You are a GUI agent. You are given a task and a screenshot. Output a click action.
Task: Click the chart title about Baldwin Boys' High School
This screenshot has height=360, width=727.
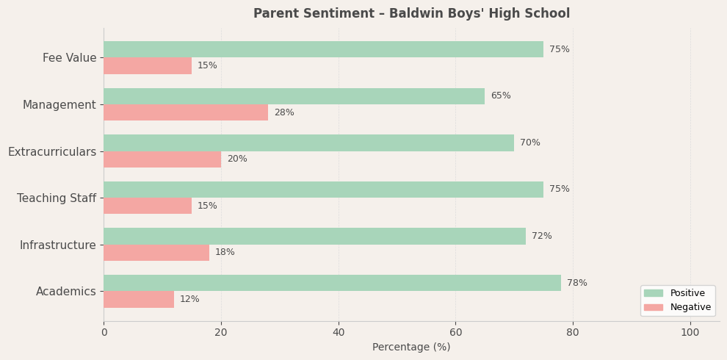point(411,14)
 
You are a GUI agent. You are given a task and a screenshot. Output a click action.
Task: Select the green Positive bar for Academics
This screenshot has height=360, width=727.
point(332,283)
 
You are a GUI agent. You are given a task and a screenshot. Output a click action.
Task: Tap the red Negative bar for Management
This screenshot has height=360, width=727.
point(186,112)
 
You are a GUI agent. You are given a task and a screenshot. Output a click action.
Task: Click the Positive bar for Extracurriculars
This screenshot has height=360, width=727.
point(308,143)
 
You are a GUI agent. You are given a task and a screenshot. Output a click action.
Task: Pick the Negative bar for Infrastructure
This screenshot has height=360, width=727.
point(156,253)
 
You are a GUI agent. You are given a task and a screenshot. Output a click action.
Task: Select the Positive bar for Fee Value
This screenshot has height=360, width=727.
point(323,49)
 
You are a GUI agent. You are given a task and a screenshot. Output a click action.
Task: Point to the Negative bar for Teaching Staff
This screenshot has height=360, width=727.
point(148,206)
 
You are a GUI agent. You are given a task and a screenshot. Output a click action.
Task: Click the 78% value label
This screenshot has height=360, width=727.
point(577,283)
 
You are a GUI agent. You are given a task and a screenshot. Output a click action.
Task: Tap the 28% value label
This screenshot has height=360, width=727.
point(284,112)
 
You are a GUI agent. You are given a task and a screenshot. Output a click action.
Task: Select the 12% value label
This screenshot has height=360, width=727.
point(189,299)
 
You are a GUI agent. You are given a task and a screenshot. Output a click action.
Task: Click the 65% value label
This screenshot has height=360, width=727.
point(501,96)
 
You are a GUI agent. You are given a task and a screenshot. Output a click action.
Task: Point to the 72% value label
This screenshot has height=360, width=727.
point(542,236)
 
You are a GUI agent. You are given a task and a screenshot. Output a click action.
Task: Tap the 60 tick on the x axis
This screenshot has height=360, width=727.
point(455,333)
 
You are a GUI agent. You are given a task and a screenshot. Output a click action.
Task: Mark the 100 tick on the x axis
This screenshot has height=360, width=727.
point(690,333)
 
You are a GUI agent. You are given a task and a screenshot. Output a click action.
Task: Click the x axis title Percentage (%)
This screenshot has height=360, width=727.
point(411,348)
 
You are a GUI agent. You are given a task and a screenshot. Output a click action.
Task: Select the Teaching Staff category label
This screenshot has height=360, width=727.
point(57,198)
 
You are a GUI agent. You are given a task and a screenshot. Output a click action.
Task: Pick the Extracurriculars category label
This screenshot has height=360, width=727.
point(52,151)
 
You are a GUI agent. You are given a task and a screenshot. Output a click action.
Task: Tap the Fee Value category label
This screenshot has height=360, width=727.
point(70,58)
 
